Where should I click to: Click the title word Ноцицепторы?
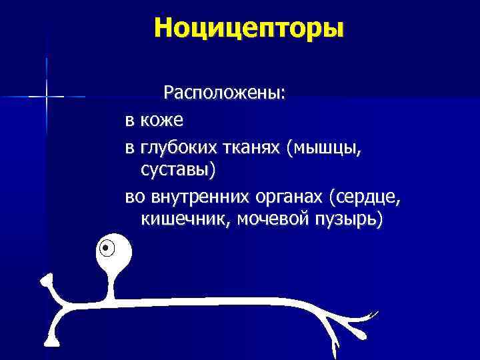point(248,28)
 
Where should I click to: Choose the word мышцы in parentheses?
point(324,150)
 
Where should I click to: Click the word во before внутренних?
point(134,198)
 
